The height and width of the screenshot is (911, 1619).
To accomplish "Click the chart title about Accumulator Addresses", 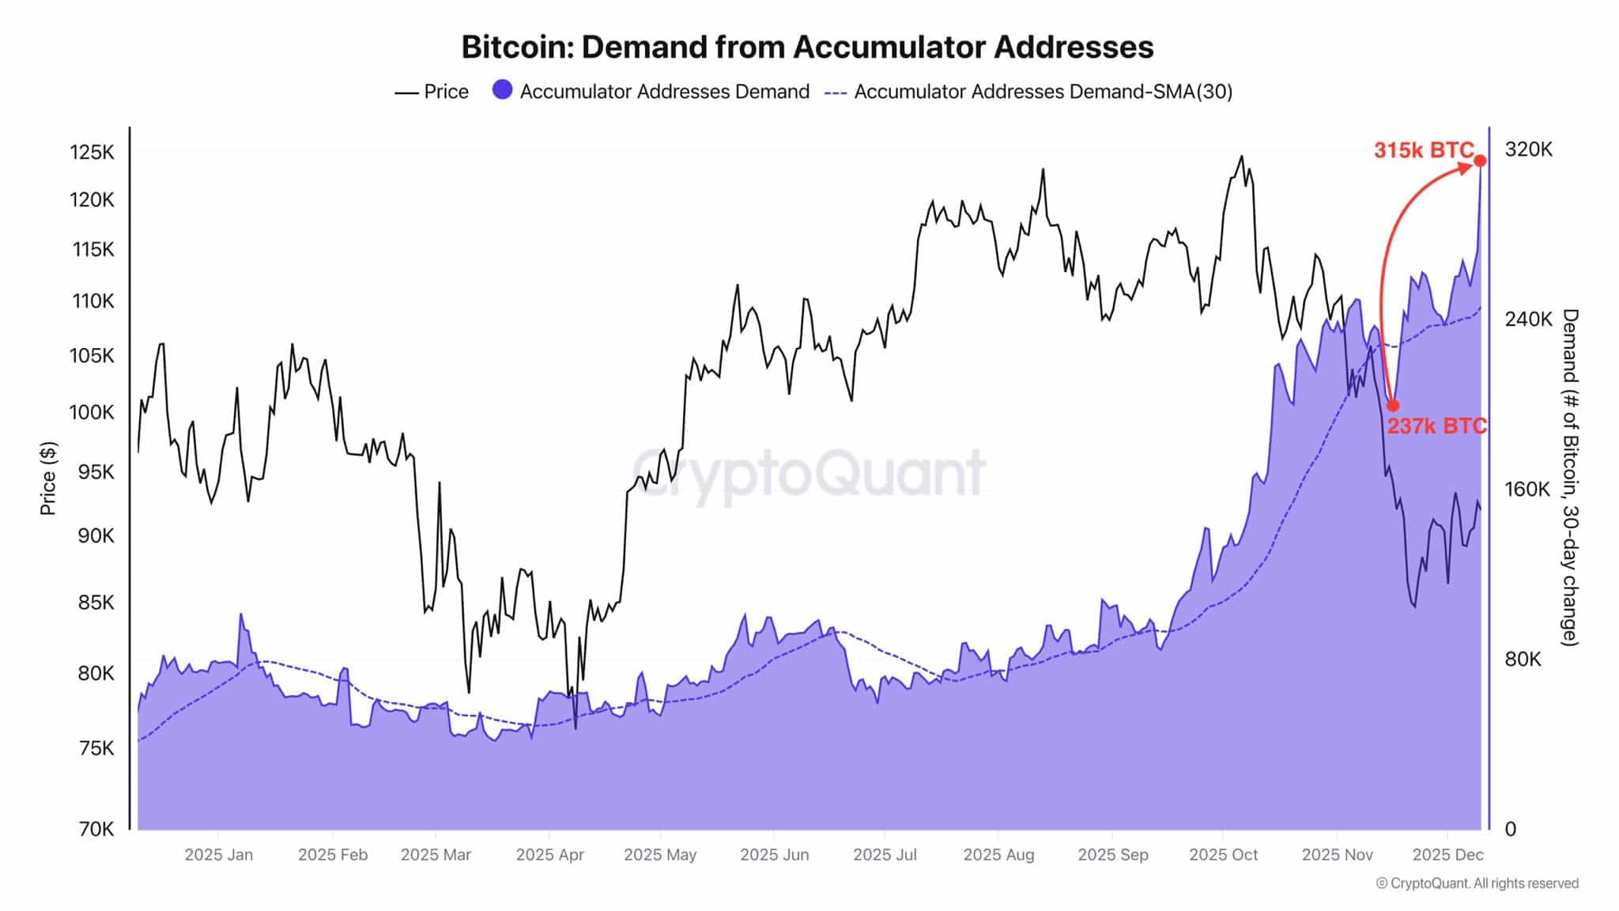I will coord(807,47).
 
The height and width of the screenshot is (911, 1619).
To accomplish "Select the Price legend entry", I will coord(432,92).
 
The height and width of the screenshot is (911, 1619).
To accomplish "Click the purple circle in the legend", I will coord(502,90).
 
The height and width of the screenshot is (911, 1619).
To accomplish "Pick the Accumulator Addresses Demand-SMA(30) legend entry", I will coord(1028,92).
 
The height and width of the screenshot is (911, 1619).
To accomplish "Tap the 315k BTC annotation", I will coord(1423,150).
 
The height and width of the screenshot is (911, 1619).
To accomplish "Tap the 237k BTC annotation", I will coord(1436,426).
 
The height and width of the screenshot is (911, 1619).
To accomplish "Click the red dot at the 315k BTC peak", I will coord(1480,161).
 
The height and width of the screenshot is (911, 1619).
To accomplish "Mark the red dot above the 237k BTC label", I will coord(1393,406).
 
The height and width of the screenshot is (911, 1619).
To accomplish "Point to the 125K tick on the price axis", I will coord(92,152).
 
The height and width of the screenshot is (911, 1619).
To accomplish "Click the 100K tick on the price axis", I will coord(92,412).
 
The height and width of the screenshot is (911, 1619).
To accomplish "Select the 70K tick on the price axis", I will coord(96,829).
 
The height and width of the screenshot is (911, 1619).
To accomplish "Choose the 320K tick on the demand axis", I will coord(1528,149).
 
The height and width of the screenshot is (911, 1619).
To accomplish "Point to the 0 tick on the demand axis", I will coord(1510,829).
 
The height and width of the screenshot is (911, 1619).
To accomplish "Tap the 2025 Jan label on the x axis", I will coord(219,855).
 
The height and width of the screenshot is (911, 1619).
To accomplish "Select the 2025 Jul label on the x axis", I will coord(885,855).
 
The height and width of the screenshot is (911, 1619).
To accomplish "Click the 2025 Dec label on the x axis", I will coord(1447,855).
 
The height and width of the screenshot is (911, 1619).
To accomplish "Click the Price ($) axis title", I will coord(48,478).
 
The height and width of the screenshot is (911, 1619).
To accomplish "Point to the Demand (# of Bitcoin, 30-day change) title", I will coord(1570,478).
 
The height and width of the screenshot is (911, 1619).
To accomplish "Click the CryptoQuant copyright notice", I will coord(1477,883).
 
